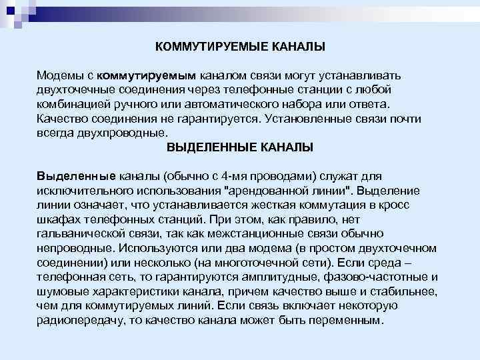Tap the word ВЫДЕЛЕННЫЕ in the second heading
pyautogui.click(x=203, y=147)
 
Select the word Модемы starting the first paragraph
pyautogui.click(x=59, y=76)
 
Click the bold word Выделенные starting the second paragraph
pyautogui.click(x=77, y=177)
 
